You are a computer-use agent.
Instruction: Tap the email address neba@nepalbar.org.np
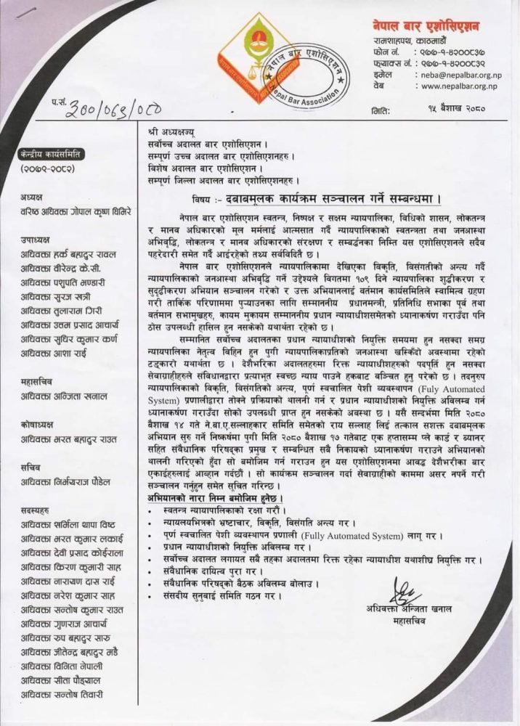click(x=459, y=75)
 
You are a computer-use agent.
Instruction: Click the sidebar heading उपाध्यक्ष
click(x=36, y=240)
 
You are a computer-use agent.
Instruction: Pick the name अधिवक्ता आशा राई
click(x=58, y=351)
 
